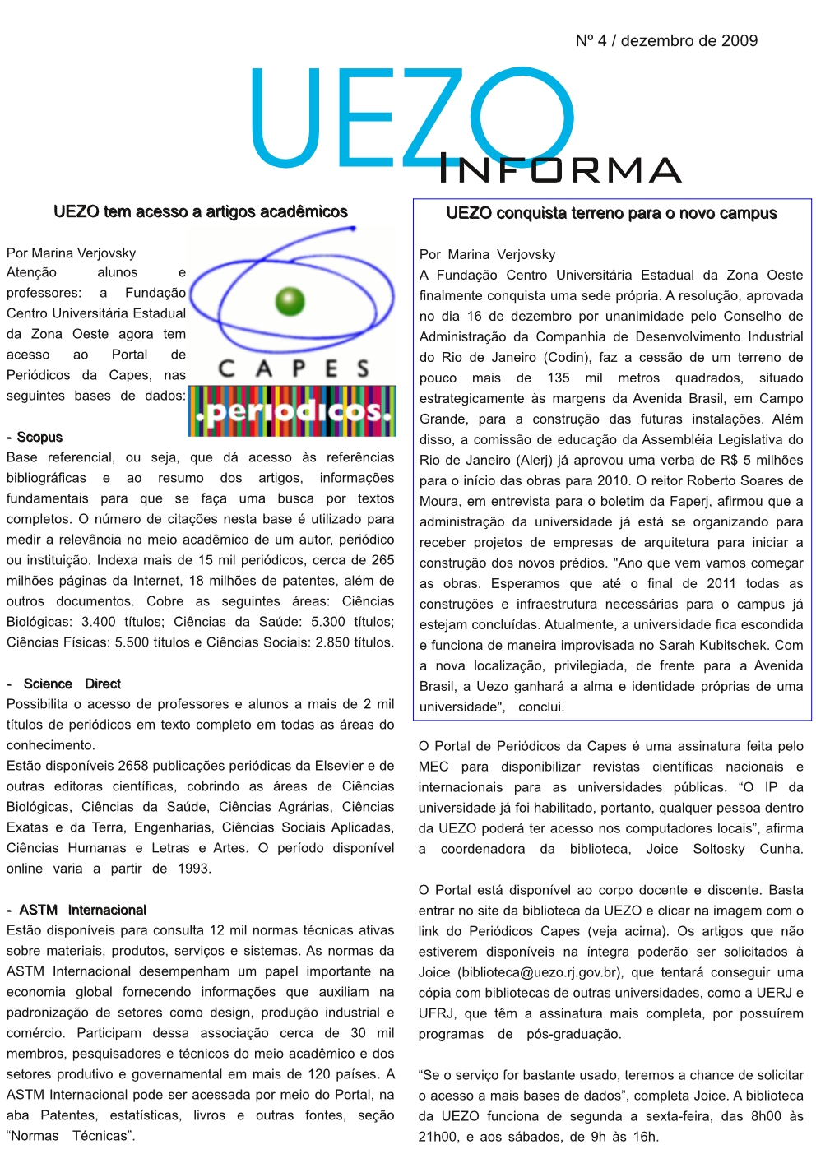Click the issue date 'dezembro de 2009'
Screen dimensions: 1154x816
click(689, 40)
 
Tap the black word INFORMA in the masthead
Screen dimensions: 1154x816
click(560, 169)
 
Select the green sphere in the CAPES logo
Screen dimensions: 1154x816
click(290, 302)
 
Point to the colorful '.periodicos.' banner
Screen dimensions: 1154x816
click(291, 410)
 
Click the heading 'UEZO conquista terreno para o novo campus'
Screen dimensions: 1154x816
click(611, 213)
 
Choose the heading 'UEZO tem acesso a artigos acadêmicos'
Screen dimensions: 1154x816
click(201, 211)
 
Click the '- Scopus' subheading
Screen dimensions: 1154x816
click(35, 437)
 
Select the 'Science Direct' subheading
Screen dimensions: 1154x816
click(72, 684)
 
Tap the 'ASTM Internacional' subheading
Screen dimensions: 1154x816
click(82, 910)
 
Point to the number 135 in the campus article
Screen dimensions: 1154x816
click(559, 378)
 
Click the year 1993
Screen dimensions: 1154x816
click(193, 869)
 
